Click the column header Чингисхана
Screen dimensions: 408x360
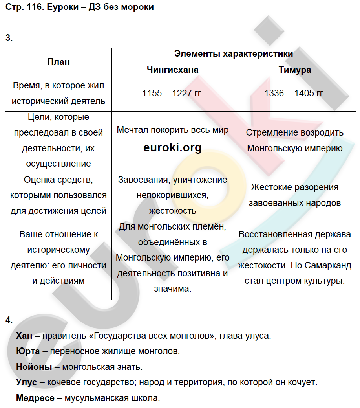(x=172, y=70)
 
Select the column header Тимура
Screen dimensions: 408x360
(x=294, y=70)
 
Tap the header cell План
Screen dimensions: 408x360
(x=58, y=62)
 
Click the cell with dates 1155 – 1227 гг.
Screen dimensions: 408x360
(x=172, y=93)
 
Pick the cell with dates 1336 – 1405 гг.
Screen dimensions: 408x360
(x=295, y=93)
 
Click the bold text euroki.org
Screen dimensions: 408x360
(x=172, y=147)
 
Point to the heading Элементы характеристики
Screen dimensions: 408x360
(x=234, y=54)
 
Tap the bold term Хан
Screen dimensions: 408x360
(x=24, y=336)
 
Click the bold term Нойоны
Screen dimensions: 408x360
(x=34, y=367)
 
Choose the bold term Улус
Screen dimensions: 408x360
(x=26, y=382)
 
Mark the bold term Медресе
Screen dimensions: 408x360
(x=35, y=398)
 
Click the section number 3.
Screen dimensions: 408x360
(x=9, y=38)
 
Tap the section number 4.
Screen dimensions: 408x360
(x=9, y=320)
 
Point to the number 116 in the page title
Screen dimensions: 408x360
(x=35, y=7)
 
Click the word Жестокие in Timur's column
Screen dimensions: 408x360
(x=270, y=187)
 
